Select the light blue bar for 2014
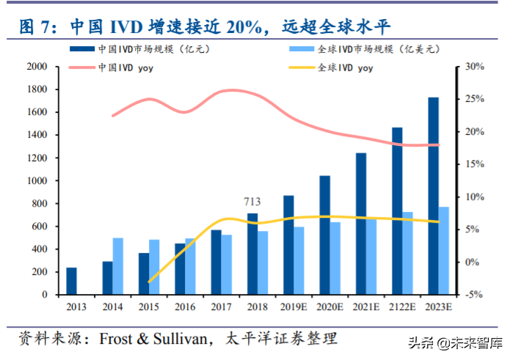[x=118, y=266]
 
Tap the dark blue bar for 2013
[x=71, y=281]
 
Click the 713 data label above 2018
[x=252, y=201]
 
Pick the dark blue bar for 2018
[x=252, y=254]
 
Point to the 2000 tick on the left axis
[x=37, y=67]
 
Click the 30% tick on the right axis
[x=475, y=67]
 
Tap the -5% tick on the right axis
[x=475, y=295]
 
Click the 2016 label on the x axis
[x=185, y=306]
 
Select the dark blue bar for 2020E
[x=324, y=235]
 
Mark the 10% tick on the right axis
[x=475, y=197]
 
